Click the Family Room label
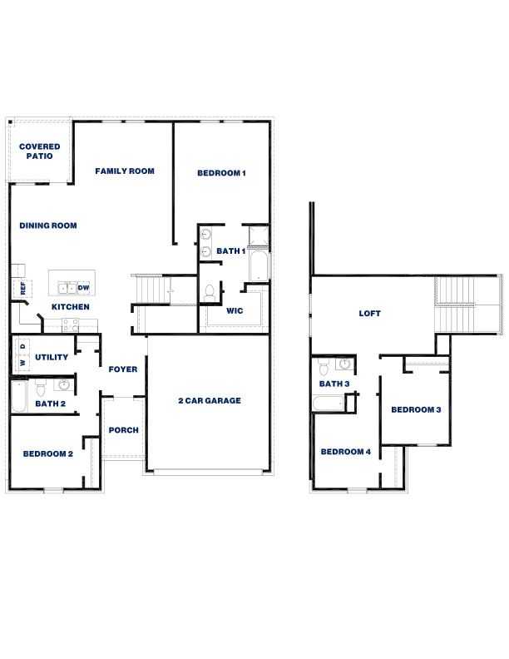pyautogui.click(x=125, y=171)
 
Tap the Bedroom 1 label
pyautogui.click(x=222, y=173)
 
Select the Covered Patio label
pyautogui.click(x=40, y=151)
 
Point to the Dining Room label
pyautogui.click(x=48, y=225)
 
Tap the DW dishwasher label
pyautogui.click(x=83, y=288)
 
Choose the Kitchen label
pyautogui.click(x=71, y=307)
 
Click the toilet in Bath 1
pyautogui.click(x=210, y=292)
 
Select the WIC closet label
pyautogui.click(x=235, y=311)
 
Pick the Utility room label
pyautogui.click(x=52, y=358)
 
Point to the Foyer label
pyautogui.click(x=123, y=369)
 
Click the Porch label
pyautogui.click(x=123, y=430)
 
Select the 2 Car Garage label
pyautogui.click(x=210, y=401)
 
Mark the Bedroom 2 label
pyautogui.click(x=48, y=454)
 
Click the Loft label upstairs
pyautogui.click(x=369, y=314)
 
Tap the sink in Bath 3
pyautogui.click(x=345, y=364)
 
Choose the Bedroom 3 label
pyautogui.click(x=416, y=409)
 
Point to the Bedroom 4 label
pyautogui.click(x=346, y=452)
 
